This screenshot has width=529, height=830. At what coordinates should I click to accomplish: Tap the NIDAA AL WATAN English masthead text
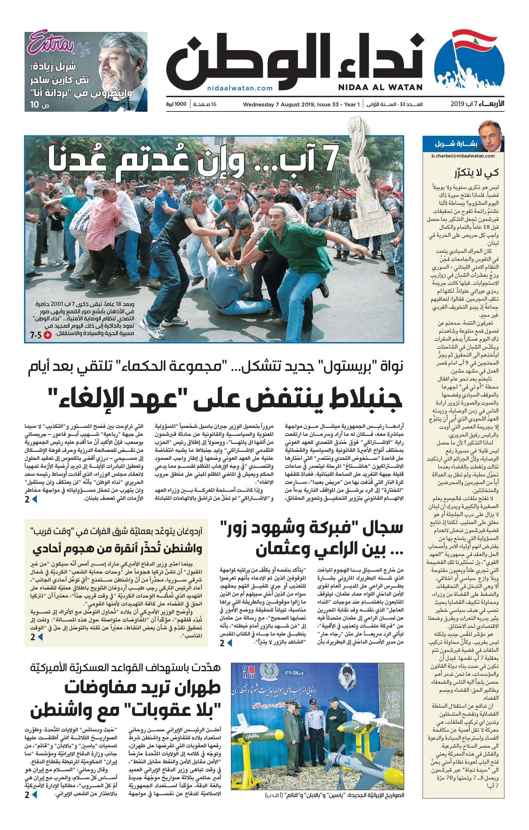point(380,88)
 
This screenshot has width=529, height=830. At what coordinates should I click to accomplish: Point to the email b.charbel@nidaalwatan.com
point(463,156)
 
